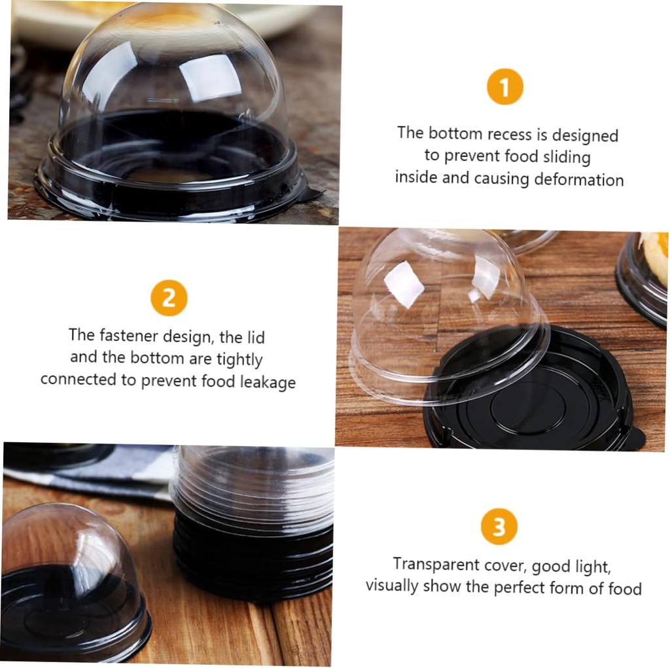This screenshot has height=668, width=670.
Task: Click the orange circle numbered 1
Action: (x=504, y=87)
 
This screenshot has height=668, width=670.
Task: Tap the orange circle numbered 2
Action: (x=169, y=298)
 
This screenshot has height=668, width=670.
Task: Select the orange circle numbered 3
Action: (x=499, y=526)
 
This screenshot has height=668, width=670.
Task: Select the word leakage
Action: (x=268, y=381)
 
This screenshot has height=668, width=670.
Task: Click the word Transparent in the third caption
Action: (x=436, y=564)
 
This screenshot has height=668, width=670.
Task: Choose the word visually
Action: (x=392, y=585)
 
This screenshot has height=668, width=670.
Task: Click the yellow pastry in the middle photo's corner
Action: (x=654, y=256)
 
